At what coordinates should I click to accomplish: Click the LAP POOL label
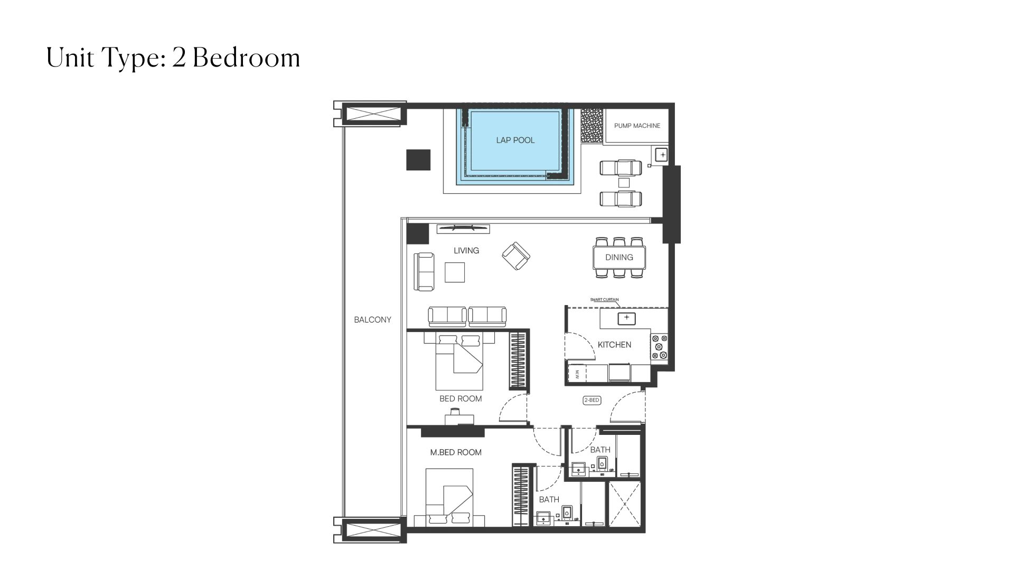click(x=515, y=140)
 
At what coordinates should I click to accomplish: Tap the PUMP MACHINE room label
click(x=637, y=126)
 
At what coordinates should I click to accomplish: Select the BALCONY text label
click(x=372, y=320)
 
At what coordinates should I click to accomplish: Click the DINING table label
click(x=619, y=258)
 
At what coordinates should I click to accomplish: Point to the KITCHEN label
click(x=614, y=345)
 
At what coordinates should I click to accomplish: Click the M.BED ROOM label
click(x=456, y=452)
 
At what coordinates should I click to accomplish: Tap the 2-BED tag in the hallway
click(x=591, y=401)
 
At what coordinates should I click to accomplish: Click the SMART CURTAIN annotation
click(x=604, y=300)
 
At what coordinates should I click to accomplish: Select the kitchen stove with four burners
click(x=659, y=347)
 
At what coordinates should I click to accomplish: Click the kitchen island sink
click(x=626, y=318)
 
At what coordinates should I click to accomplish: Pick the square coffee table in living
click(x=455, y=272)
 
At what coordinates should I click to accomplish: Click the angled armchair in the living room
click(x=515, y=256)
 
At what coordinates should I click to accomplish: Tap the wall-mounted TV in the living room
click(x=463, y=228)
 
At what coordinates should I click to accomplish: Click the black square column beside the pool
click(x=418, y=160)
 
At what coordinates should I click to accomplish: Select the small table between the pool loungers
click(x=624, y=183)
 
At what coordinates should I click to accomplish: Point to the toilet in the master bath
click(x=567, y=512)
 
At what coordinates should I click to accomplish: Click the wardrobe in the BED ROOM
click(x=519, y=360)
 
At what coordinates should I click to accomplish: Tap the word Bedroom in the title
click(x=247, y=58)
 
